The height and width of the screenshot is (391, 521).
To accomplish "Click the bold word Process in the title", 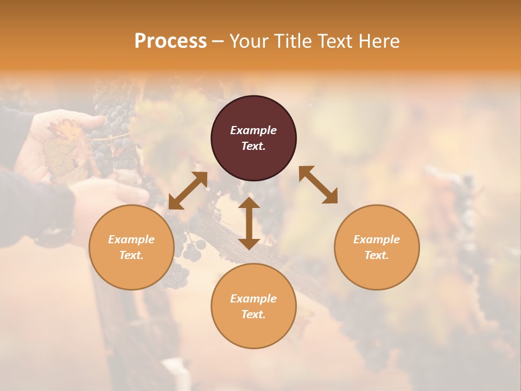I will tap(170, 41).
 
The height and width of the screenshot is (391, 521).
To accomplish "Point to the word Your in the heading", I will tap(247, 41).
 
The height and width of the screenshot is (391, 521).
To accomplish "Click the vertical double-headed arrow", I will tap(249, 223).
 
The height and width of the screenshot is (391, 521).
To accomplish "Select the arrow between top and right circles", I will tap(318, 185).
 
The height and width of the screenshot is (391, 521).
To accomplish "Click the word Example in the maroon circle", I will tap(253, 130).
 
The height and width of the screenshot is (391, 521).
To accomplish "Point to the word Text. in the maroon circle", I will tap(253, 146).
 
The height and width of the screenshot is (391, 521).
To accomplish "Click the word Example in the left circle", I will tap(131, 239).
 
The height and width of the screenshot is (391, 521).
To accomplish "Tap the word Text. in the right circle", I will tap(377, 255).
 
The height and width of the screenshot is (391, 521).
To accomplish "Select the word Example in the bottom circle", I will tap(253, 299).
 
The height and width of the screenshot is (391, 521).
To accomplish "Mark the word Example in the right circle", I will tap(377, 239).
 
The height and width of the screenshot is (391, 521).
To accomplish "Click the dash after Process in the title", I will tap(218, 41).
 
